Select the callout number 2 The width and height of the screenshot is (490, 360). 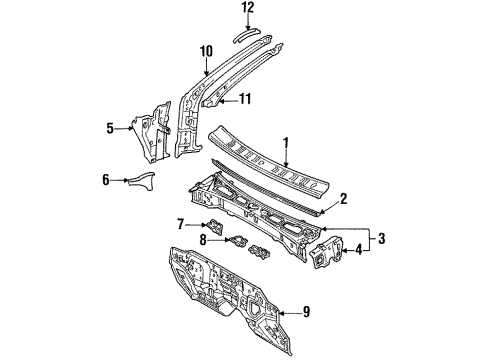pos(342,199)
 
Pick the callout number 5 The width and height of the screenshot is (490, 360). pos(112,128)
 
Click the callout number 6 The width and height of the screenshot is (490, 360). pos(106,179)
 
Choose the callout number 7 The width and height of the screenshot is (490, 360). pos(180,223)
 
